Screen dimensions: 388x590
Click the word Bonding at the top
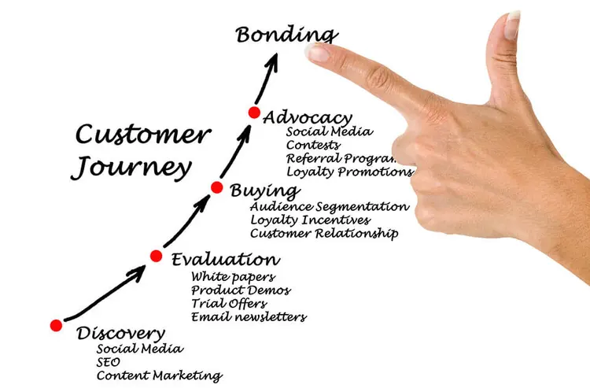pos(286,35)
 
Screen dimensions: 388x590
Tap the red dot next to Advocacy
pos(254,113)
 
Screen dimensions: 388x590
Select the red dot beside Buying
pos(217,187)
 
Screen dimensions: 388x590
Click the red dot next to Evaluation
pos(157,256)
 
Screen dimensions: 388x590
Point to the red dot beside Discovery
pos(56,325)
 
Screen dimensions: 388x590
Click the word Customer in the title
pos(142,135)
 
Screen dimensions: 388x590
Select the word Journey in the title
pos(131,168)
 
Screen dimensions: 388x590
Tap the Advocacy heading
pos(308,117)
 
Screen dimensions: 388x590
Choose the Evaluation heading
pos(224,259)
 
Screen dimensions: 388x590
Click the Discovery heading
pos(121,333)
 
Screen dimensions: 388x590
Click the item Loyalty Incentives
pos(311,220)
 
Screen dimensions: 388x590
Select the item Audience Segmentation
pos(330,206)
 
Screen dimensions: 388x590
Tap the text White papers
pos(233,276)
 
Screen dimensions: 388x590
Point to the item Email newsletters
pos(249,317)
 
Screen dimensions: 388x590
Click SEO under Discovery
pos(109,361)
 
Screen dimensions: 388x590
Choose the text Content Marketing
pos(159,375)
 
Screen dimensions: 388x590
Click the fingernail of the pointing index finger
pos(319,53)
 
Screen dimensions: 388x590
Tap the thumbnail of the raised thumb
pos(513,26)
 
